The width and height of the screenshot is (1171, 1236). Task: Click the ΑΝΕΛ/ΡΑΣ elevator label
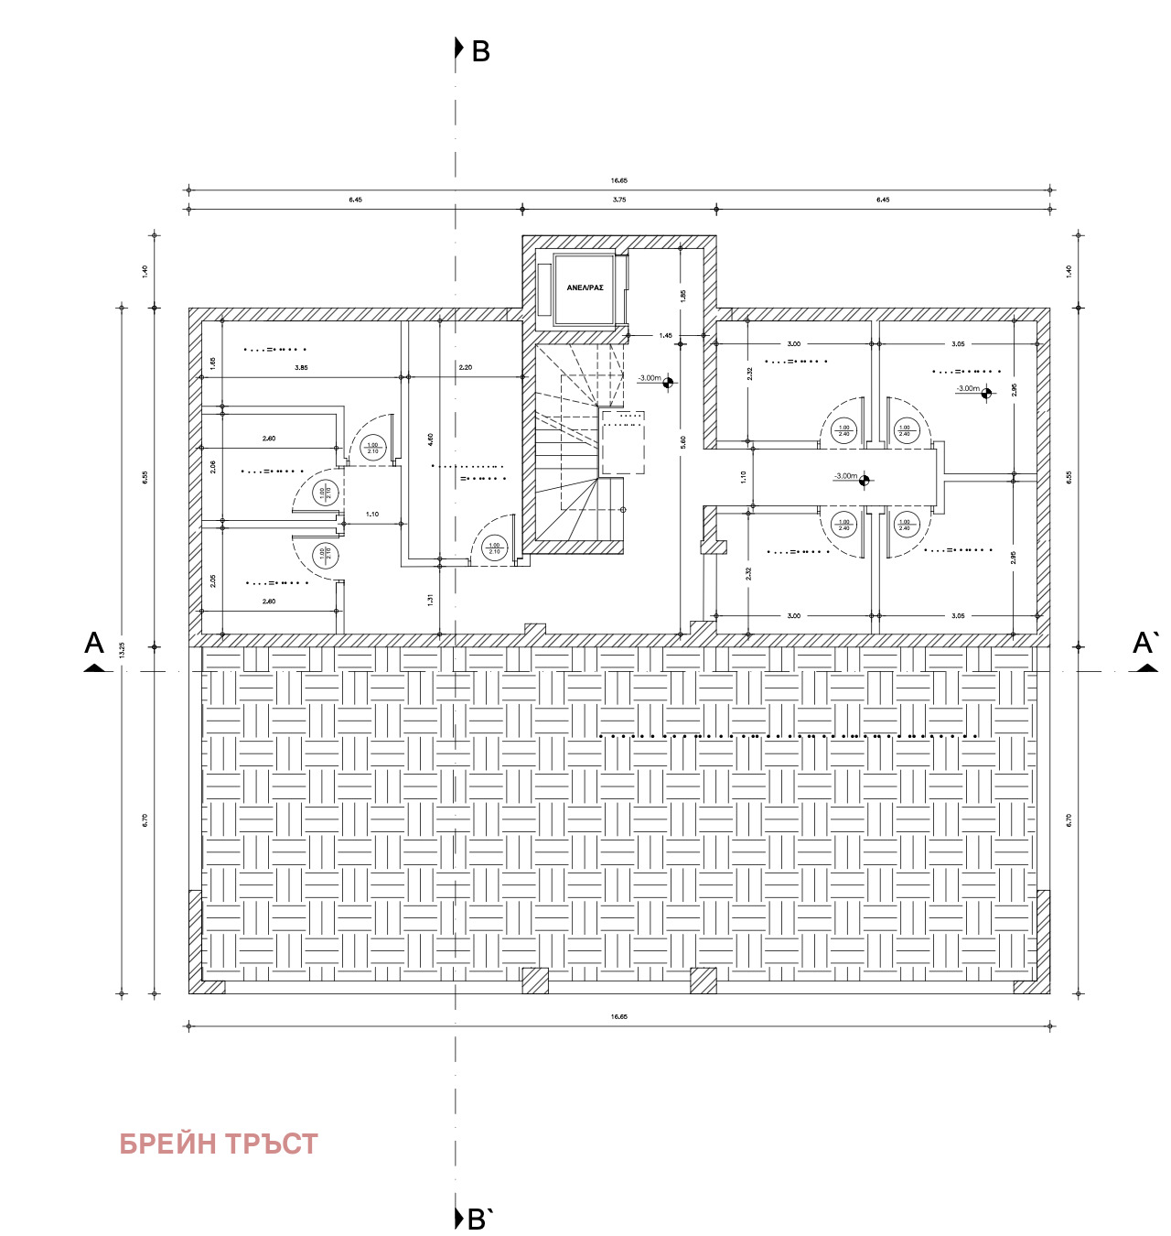[585, 287]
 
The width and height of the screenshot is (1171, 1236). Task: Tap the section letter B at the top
[480, 52]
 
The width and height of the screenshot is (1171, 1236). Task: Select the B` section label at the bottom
[480, 1220]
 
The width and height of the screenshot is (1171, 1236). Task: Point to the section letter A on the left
[94, 644]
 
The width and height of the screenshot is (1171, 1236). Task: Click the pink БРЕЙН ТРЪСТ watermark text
[219, 1144]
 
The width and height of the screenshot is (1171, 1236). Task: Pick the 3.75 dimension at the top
[619, 200]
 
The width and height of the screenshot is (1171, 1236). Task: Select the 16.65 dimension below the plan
[619, 1016]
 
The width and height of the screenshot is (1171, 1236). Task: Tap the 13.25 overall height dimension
[122, 650]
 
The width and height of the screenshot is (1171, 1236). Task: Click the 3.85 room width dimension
[301, 368]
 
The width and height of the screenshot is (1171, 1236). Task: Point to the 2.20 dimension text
[466, 368]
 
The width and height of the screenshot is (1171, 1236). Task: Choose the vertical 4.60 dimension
[430, 439]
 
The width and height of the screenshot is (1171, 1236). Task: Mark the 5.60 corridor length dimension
[682, 441]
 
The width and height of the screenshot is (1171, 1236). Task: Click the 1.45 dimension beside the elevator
[665, 336]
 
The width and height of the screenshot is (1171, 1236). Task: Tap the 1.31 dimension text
[430, 600]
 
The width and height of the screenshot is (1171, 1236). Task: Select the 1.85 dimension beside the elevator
[682, 296]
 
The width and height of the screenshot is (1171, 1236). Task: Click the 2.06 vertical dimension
[213, 466]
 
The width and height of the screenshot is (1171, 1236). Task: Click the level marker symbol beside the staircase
[668, 383]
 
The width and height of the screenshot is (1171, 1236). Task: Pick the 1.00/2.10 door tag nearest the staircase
[494, 548]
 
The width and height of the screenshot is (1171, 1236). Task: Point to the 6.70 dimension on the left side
[145, 820]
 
